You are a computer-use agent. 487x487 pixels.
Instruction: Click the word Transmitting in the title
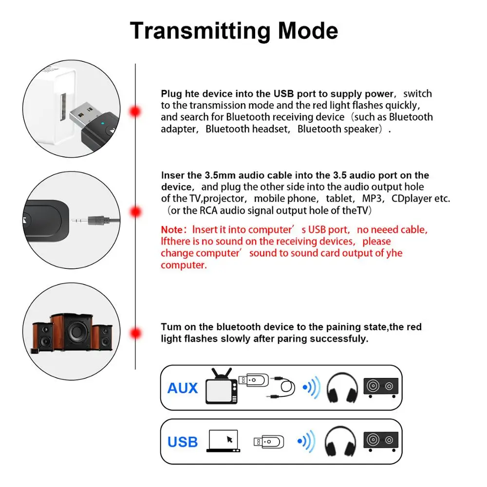point(200,31)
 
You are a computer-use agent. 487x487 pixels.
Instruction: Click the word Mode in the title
point(308,31)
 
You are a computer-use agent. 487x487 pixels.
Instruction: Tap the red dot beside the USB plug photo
point(135,112)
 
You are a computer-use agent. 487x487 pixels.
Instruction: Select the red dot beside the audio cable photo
point(135,212)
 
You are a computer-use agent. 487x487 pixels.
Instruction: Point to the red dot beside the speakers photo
point(135,334)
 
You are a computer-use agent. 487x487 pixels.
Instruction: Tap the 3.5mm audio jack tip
point(77,220)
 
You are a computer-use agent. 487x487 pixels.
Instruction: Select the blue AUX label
point(183,388)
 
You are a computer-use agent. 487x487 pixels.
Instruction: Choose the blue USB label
point(183,442)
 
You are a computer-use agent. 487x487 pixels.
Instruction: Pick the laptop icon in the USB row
point(224,441)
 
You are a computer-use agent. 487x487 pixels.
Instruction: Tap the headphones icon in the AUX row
point(342,389)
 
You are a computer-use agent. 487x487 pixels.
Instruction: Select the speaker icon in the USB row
point(381,441)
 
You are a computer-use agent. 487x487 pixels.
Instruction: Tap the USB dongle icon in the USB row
point(268,442)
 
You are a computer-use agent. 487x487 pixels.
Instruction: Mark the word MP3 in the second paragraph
point(372,199)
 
